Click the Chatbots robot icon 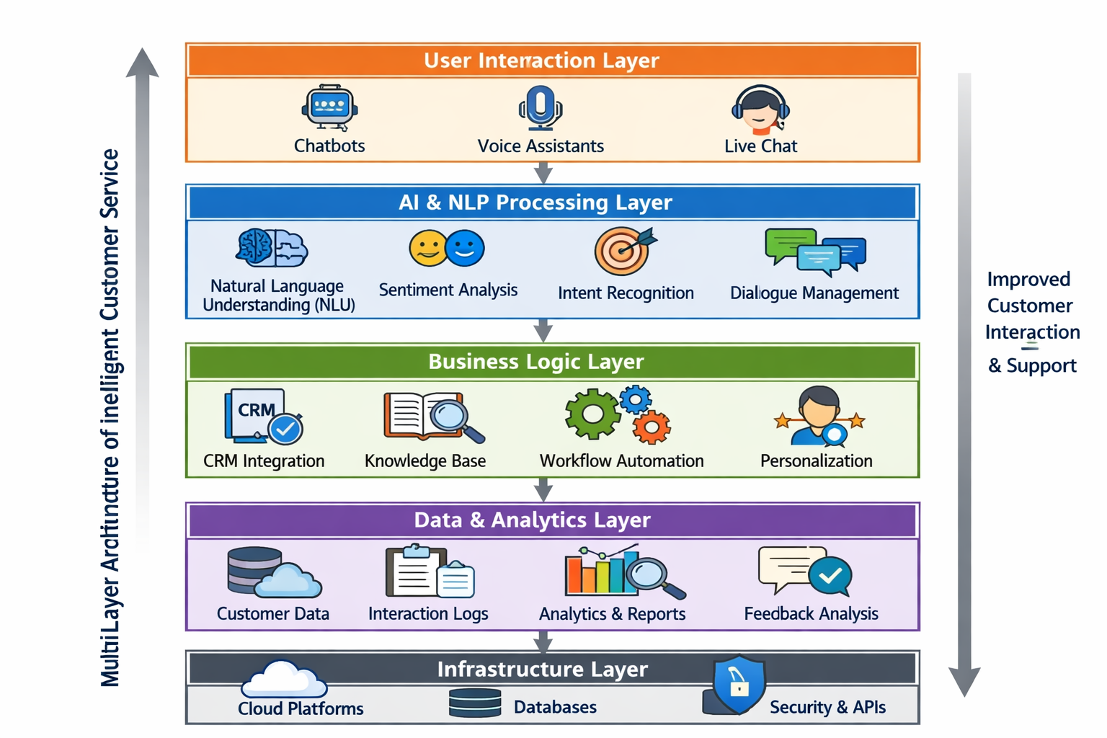pos(329,109)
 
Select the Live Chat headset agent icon pos(760,110)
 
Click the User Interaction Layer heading pos(541,61)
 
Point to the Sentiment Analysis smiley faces pos(447,249)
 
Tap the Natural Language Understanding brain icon pos(272,248)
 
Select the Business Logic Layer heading pos(536,362)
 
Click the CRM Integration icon pos(263,416)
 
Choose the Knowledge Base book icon pos(433,417)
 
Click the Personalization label pos(816,461)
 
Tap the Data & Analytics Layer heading pos(532,520)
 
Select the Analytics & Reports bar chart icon pos(623,573)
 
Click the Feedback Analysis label pos(811,614)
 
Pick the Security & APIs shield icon pos(738,684)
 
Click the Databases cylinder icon pos(475,703)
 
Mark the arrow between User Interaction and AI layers pos(543,173)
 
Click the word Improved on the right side pos(1028,280)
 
